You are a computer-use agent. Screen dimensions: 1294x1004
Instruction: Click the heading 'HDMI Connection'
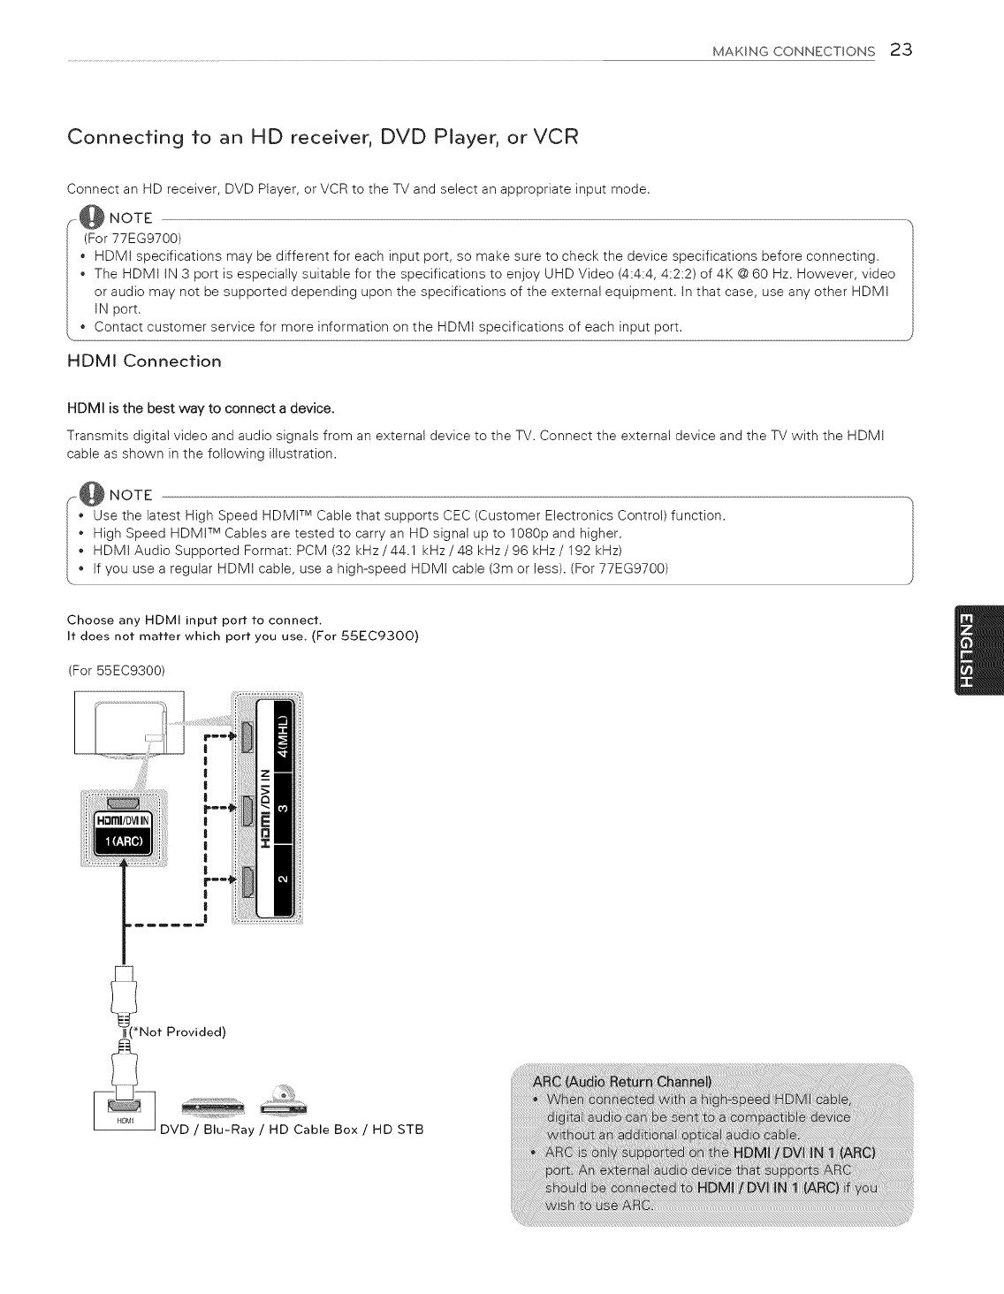click(x=144, y=362)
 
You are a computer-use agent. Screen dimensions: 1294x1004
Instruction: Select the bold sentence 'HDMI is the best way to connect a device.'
click(x=201, y=408)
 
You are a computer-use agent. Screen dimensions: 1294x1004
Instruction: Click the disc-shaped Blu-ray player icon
click(x=282, y=1099)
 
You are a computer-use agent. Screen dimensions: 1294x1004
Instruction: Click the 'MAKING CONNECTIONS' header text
click(x=793, y=50)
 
